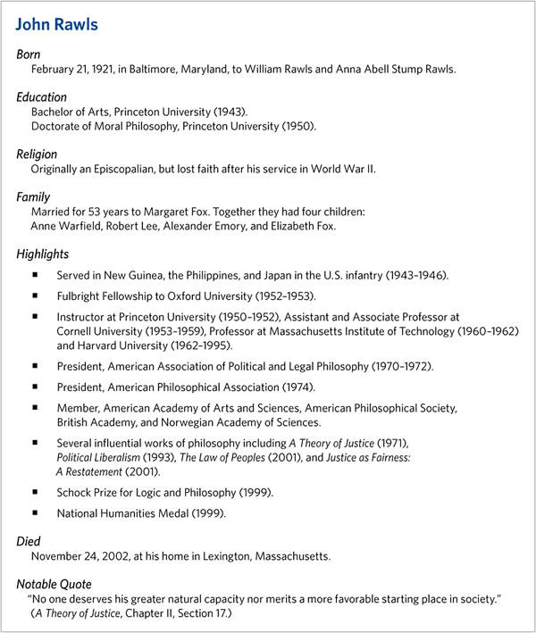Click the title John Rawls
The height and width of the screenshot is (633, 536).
[x=56, y=24]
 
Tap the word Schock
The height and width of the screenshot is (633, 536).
[x=75, y=492]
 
